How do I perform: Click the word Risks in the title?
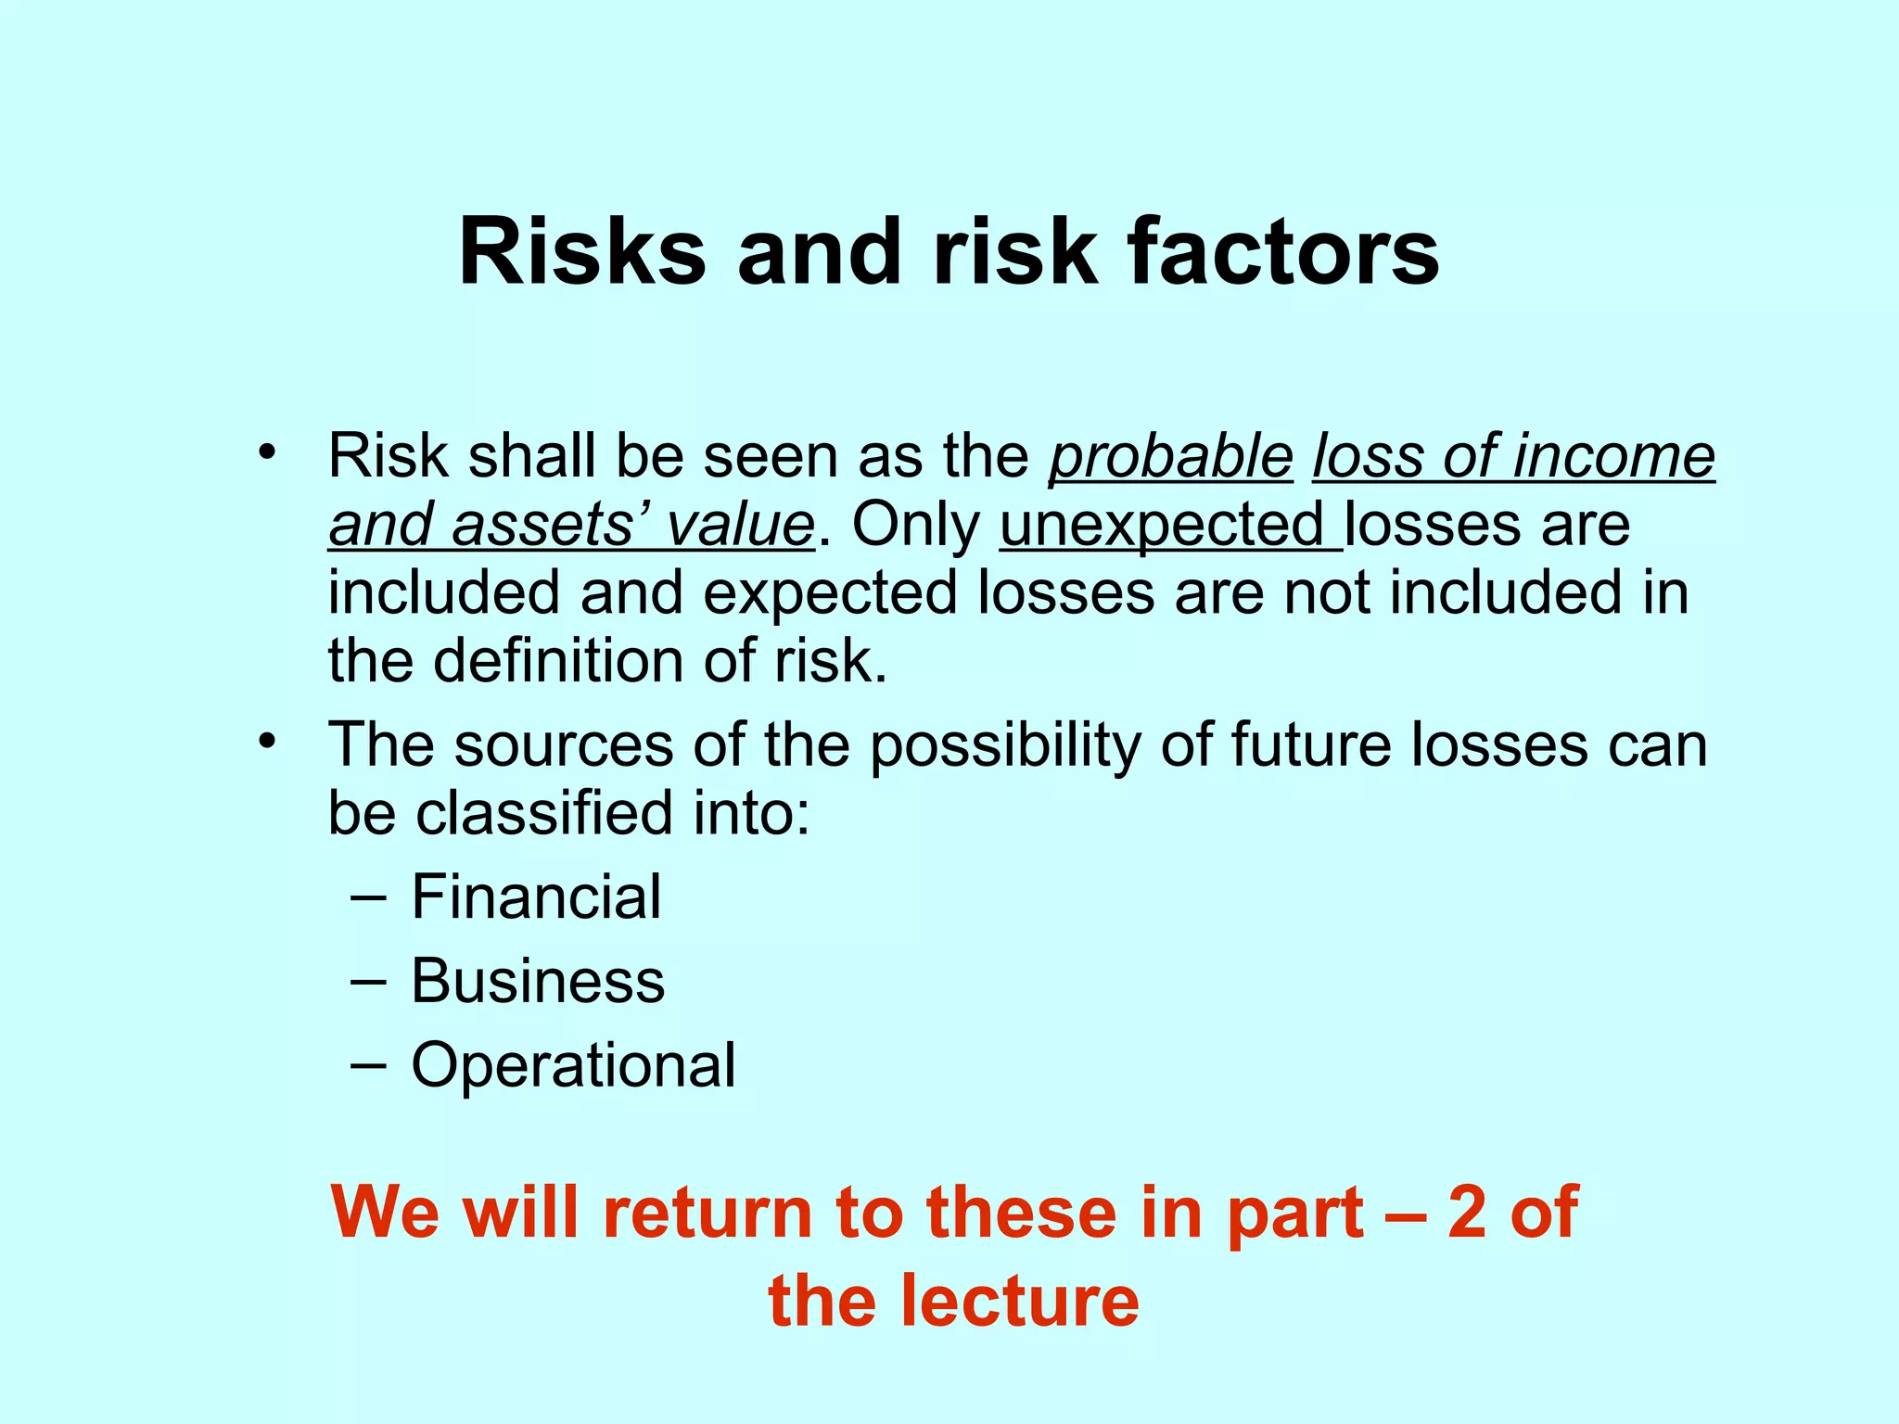point(581,252)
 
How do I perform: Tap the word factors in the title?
point(1282,252)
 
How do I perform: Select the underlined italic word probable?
point(1170,456)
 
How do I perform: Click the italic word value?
point(739,525)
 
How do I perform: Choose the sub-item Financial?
point(536,896)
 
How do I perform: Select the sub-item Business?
point(538,981)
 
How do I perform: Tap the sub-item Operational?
point(573,1065)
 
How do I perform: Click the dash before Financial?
point(368,897)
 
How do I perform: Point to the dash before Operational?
point(368,1065)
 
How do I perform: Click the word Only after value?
point(915,525)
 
